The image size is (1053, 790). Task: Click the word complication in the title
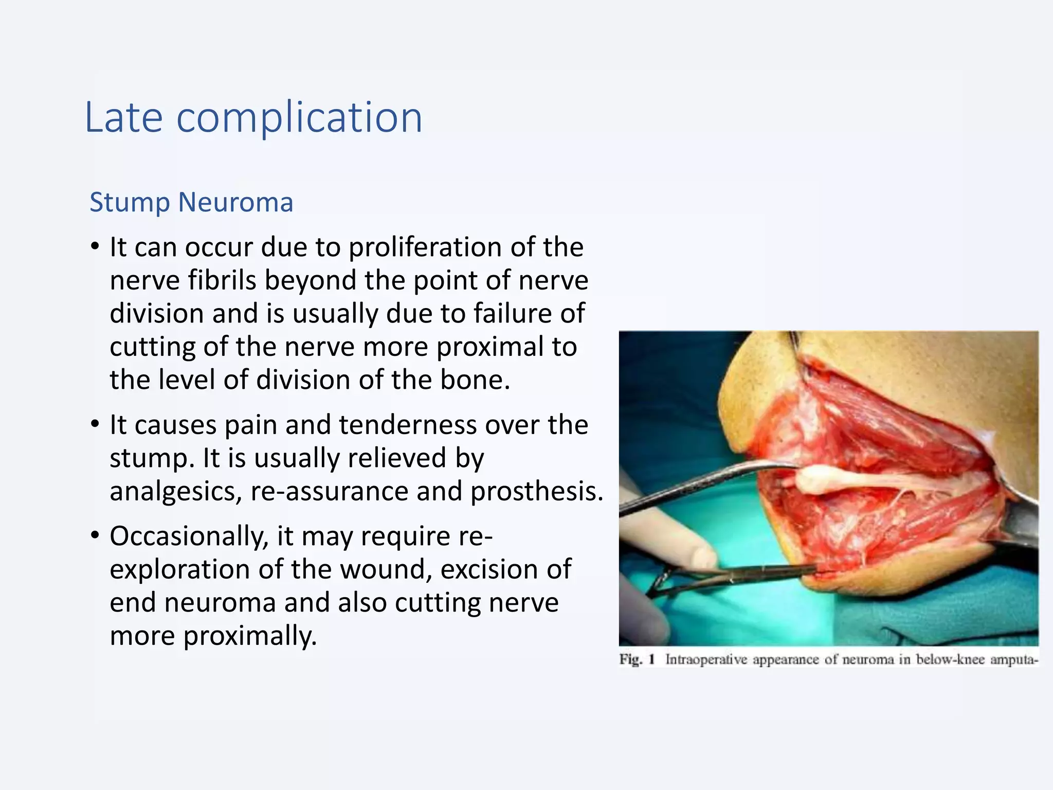299,118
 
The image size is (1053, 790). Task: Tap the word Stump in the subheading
130,202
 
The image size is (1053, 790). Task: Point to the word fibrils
222,281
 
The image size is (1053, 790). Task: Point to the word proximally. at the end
250,636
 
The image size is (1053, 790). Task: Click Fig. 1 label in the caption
637,659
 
